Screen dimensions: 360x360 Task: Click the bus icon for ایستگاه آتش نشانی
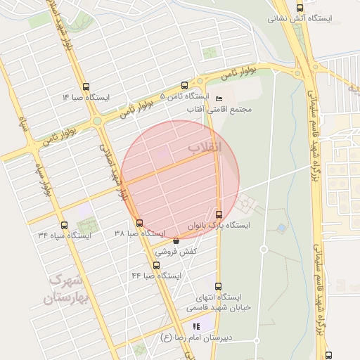pyautogui.click(x=300, y=8)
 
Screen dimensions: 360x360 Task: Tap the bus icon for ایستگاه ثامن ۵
pyautogui.click(x=184, y=85)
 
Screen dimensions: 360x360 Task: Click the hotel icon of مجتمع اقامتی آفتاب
pyautogui.click(x=219, y=98)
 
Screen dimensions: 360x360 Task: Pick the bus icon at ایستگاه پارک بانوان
pyautogui.click(x=219, y=214)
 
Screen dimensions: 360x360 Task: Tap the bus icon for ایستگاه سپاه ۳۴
pyautogui.click(x=65, y=225)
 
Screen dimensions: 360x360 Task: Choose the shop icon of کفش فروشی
pyautogui.click(x=176, y=240)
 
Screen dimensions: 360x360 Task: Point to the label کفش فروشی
pyautogui.click(x=181, y=251)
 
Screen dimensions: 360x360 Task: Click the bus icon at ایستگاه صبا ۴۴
pyautogui.click(x=156, y=265)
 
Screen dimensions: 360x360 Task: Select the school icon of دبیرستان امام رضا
pyautogui.click(x=197, y=326)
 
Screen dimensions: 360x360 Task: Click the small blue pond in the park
pyautogui.click(x=281, y=229)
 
